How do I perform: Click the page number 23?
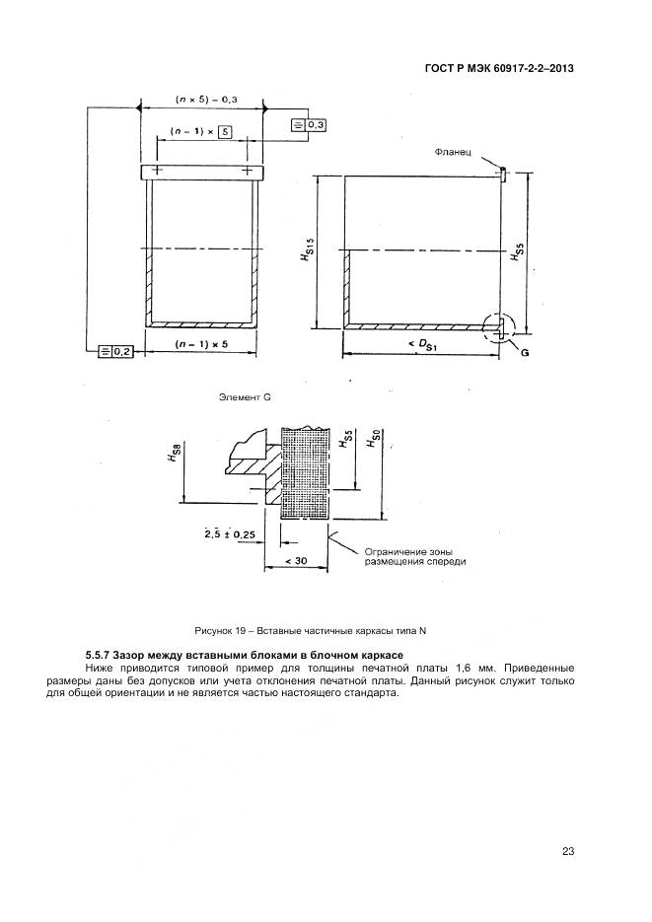[x=568, y=851]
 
